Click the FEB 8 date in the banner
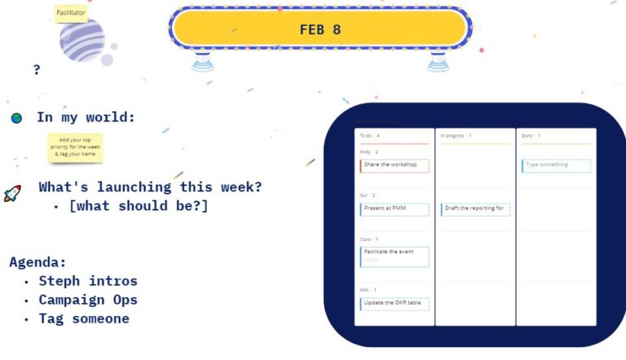coord(320,29)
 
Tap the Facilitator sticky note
coord(71,13)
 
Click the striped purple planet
coord(82,41)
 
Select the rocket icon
coord(12,193)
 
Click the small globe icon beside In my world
coord(16,118)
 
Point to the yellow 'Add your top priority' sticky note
coord(74,147)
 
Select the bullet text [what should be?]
coord(139,206)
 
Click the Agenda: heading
coord(37,262)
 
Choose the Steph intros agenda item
coord(88,281)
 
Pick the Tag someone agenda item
coord(84,318)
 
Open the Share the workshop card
coord(395,165)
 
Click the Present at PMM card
coord(395,209)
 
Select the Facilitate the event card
coord(395,257)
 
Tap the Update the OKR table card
coord(395,304)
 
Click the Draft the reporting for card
coord(475,209)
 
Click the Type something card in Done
coord(556,165)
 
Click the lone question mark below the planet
coord(37,70)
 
